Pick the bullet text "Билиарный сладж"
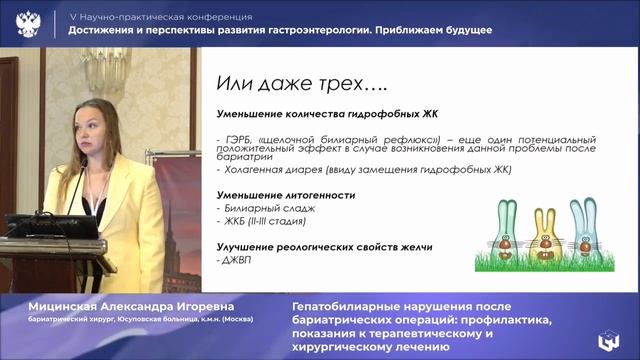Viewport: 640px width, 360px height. (261, 208)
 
